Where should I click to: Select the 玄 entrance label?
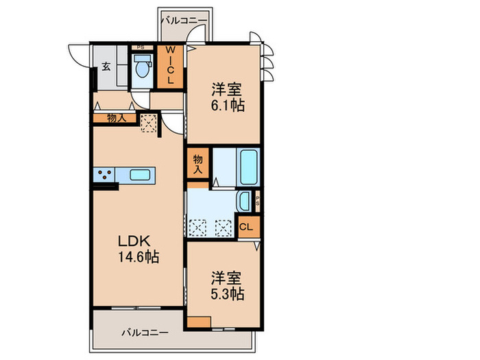(x=107, y=67)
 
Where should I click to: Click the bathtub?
(x=248, y=165)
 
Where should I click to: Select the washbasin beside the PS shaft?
(x=244, y=202)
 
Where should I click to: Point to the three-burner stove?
(x=105, y=175)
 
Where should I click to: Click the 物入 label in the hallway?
(x=116, y=119)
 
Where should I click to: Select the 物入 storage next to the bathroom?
(x=198, y=163)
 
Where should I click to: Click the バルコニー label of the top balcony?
(x=184, y=21)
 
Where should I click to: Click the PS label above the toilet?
(x=141, y=47)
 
